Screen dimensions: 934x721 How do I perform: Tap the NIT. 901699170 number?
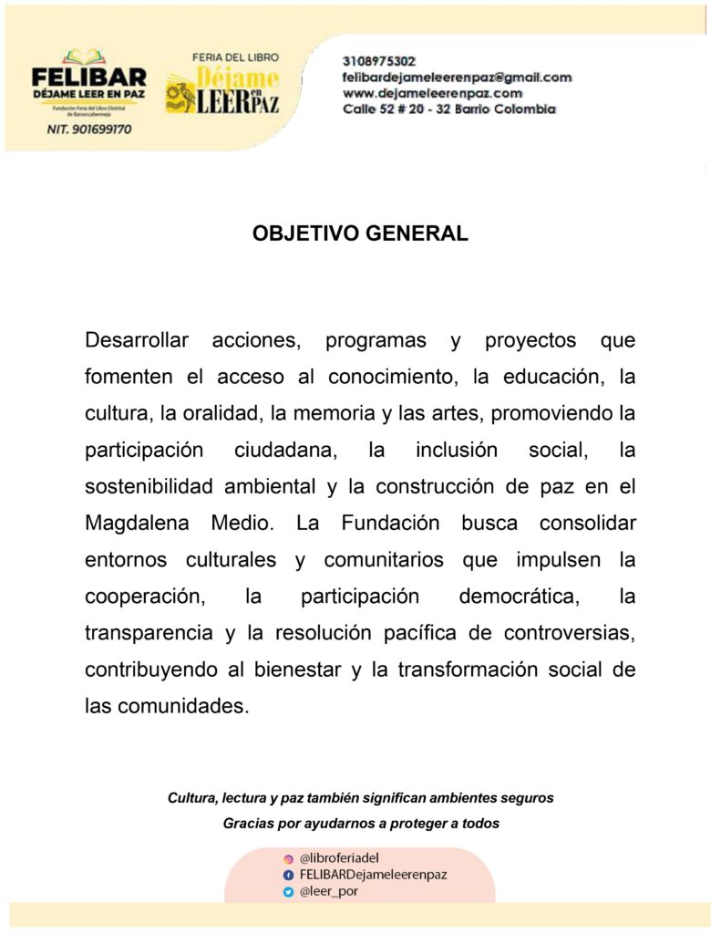click(x=88, y=130)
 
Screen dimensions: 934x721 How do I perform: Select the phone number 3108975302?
click(x=379, y=61)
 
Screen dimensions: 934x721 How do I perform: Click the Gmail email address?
click(x=457, y=78)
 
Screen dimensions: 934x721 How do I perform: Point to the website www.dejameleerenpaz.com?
click(x=432, y=93)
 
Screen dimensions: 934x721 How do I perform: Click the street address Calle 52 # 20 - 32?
click(x=448, y=109)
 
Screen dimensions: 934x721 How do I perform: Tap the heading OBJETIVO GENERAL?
click(x=360, y=233)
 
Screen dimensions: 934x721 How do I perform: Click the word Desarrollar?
click(x=137, y=341)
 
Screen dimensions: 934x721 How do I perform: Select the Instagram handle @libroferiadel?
click(x=339, y=857)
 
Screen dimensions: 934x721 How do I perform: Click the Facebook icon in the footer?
click(x=289, y=875)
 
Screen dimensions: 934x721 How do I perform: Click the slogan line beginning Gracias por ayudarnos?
click(x=361, y=823)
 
